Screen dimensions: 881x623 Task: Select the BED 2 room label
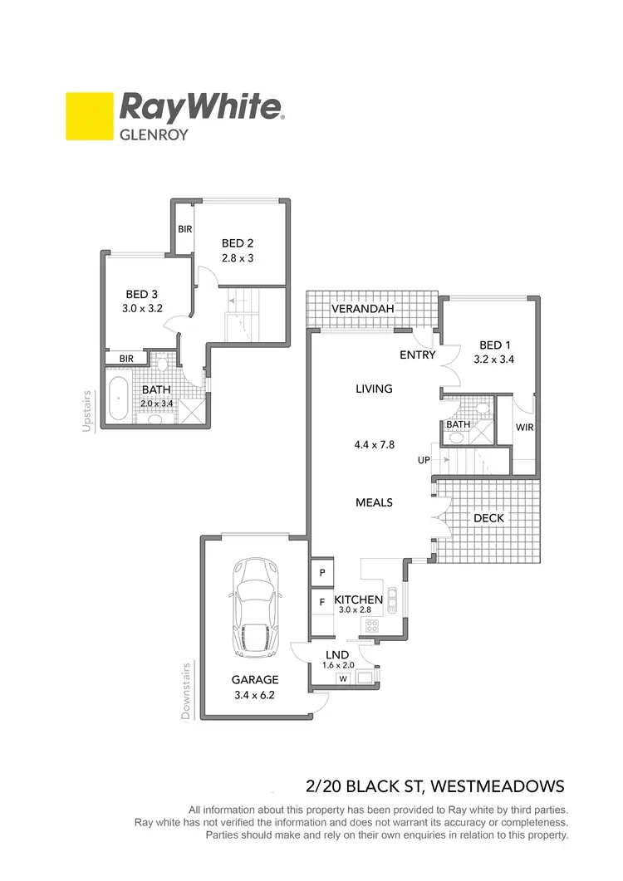(x=238, y=243)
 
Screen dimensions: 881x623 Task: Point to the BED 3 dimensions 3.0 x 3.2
(x=143, y=307)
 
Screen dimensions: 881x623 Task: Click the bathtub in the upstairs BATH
(x=120, y=400)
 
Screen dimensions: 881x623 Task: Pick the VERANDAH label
(x=363, y=309)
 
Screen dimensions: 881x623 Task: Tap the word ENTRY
(x=417, y=355)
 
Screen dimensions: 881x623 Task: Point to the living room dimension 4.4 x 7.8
(x=374, y=444)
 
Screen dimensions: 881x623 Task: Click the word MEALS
(x=374, y=502)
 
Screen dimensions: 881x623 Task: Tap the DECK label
(x=489, y=518)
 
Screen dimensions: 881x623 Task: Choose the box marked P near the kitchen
(x=321, y=572)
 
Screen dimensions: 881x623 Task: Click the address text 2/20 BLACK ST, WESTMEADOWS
(x=435, y=786)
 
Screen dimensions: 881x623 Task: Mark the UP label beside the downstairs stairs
(x=424, y=459)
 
